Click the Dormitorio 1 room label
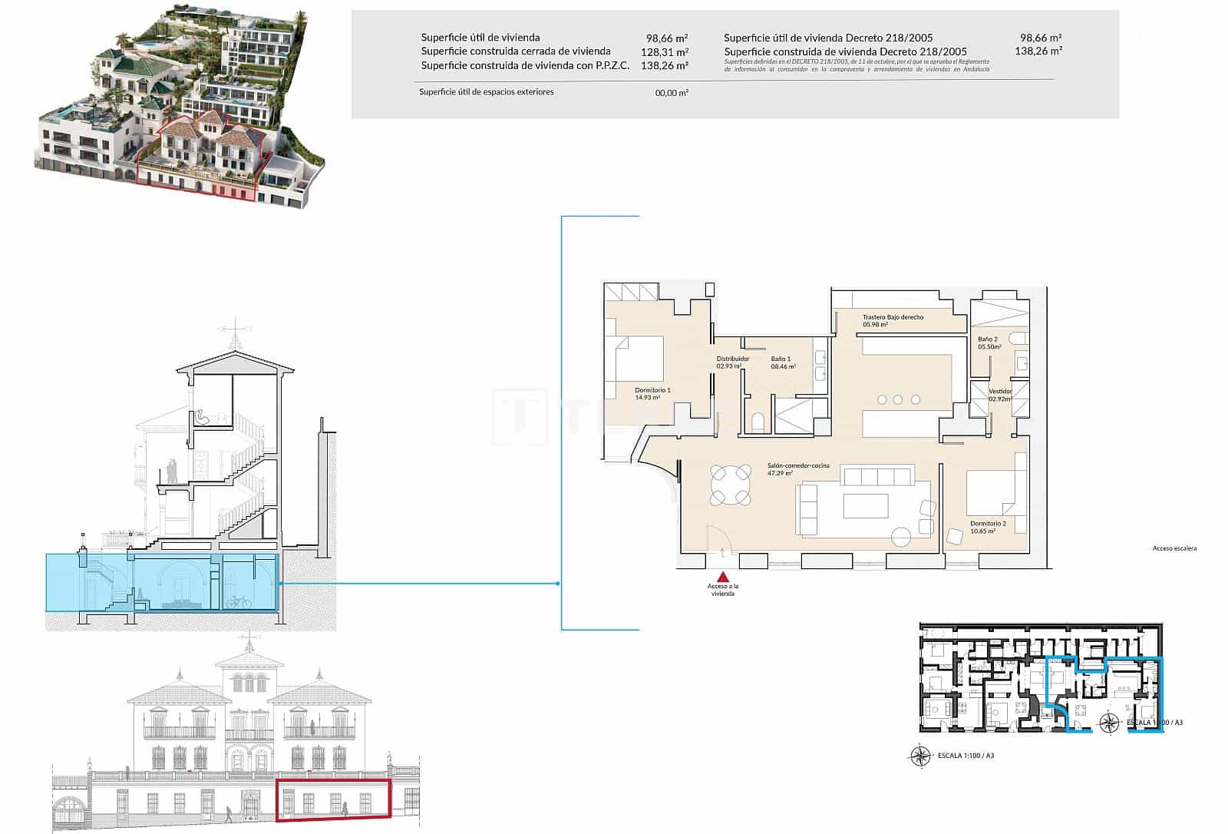[x=652, y=390]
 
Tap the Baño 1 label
[x=781, y=359]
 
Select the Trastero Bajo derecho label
[x=893, y=317]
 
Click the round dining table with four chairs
[x=731, y=485]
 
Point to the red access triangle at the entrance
[x=721, y=577]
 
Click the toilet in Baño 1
[x=758, y=419]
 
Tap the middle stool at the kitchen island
[x=898, y=399]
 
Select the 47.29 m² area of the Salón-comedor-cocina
[x=779, y=474]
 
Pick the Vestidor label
[x=1000, y=392]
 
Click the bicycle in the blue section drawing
[x=239, y=601]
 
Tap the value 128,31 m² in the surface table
[x=664, y=51]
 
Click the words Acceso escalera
[x=1174, y=548]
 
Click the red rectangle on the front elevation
[x=333, y=799]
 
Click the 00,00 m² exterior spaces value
[x=671, y=92]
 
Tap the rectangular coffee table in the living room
[x=866, y=505]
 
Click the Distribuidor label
[x=732, y=359]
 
